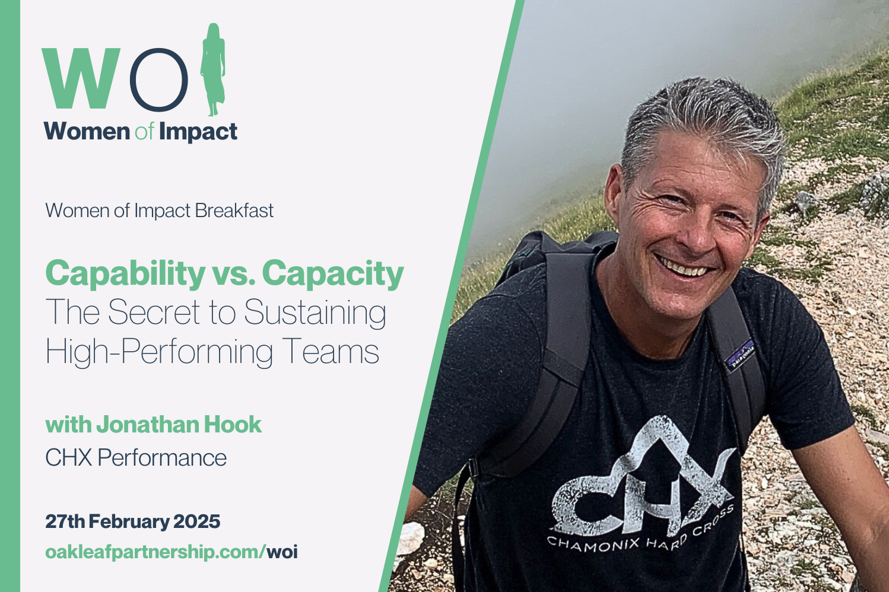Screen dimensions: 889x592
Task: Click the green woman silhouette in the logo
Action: click(213, 69)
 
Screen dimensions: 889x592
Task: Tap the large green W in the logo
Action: click(81, 78)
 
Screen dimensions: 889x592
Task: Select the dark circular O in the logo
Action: click(159, 79)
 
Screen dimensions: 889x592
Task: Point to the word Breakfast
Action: click(234, 211)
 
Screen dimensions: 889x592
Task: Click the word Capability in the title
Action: click(125, 274)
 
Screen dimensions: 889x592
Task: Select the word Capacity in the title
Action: click(332, 274)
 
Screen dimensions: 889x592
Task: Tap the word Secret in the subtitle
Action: click(154, 312)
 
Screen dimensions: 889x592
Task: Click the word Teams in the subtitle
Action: click(331, 351)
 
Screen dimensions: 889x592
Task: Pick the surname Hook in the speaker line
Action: click(233, 425)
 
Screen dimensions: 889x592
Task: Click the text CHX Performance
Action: click(136, 457)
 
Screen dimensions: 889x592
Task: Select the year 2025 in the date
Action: click(196, 521)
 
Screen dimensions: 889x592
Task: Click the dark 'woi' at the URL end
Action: click(282, 552)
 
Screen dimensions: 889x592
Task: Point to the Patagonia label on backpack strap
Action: click(739, 356)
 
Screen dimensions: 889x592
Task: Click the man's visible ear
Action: click(614, 195)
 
